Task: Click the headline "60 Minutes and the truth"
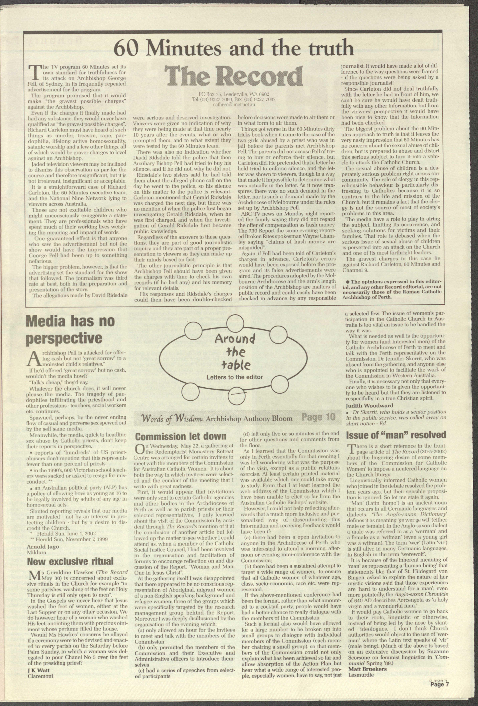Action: (234, 48)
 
